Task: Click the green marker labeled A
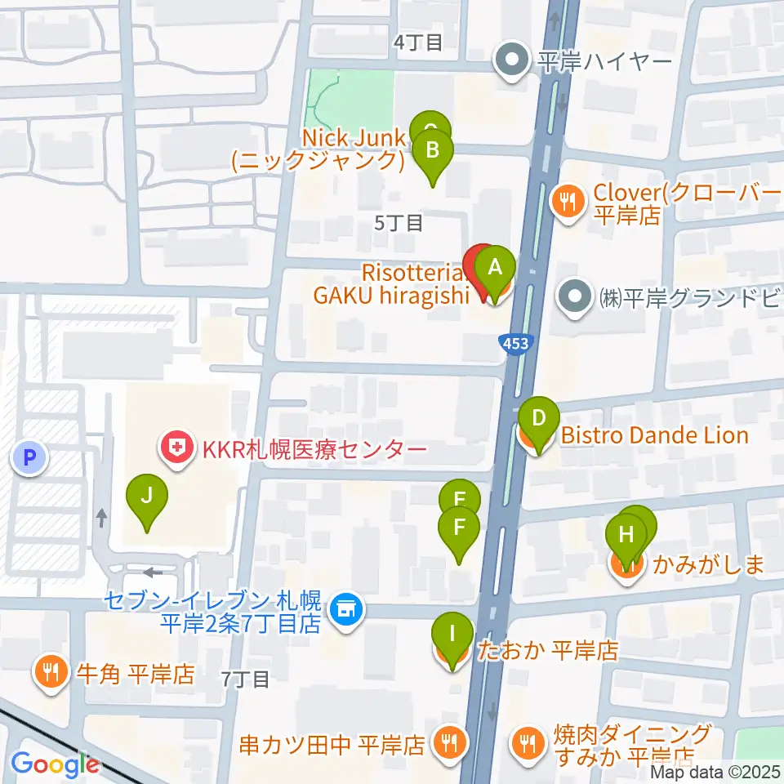(492, 269)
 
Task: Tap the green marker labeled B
(434, 152)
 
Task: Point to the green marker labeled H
(626, 537)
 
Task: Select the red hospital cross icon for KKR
(172, 448)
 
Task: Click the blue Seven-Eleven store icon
(346, 610)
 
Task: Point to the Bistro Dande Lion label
(654, 435)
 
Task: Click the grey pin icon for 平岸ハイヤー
(512, 62)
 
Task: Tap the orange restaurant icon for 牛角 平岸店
(51, 674)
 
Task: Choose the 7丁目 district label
(245, 679)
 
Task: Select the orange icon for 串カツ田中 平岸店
(448, 744)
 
